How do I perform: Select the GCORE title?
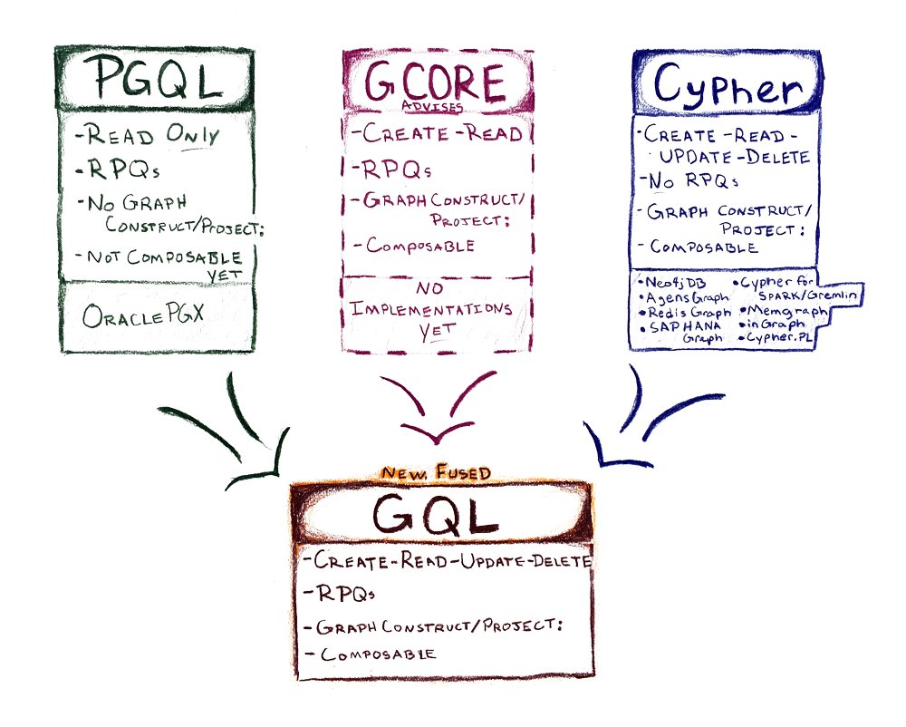(x=434, y=83)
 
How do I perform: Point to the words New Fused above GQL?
(x=438, y=473)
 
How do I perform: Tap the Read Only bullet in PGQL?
(x=150, y=137)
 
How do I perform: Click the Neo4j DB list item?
(x=671, y=281)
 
